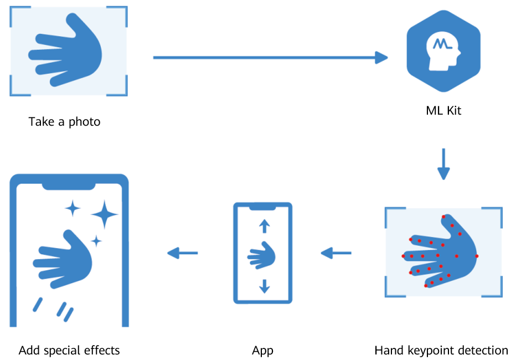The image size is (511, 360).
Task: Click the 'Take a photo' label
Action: tap(64, 121)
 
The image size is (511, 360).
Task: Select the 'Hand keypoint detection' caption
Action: tap(441, 350)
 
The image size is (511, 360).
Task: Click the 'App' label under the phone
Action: tap(262, 350)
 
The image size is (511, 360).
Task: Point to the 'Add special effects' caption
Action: tap(69, 350)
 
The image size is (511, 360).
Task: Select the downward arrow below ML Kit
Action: tap(443, 164)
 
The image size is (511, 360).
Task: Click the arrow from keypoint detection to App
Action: tap(336, 254)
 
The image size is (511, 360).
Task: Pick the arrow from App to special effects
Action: tap(183, 254)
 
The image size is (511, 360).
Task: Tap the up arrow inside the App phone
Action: tap(264, 225)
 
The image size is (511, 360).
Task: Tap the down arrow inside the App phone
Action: tap(264, 286)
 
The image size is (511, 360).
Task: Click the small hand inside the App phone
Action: tap(262, 256)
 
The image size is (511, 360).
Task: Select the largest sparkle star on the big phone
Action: tap(104, 214)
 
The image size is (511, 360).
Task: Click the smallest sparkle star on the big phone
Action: tap(96, 241)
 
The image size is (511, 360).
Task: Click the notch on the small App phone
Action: tap(263, 207)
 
